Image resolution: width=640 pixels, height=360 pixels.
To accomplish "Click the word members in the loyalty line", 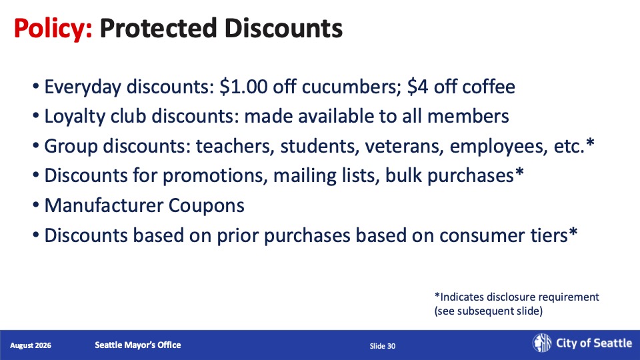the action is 468,116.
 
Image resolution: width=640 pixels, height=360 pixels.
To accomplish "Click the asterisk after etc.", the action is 590,143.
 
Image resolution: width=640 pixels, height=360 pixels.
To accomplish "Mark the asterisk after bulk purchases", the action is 519,172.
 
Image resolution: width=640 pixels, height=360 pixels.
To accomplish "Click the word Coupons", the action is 207,206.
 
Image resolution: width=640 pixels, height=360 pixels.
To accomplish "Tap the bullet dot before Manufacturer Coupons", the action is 36,206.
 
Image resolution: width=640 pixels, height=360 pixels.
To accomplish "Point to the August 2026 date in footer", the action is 31,345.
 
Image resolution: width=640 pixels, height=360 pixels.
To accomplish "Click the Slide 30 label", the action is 383,346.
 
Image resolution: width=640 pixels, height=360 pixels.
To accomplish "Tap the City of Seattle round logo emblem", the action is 542,343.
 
